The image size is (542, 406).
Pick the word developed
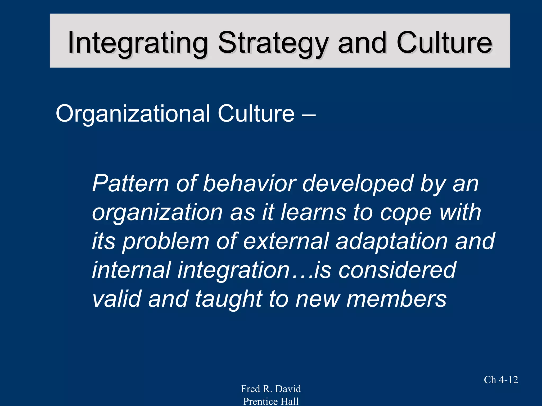pyautogui.click(x=358, y=184)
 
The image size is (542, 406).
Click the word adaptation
pyautogui.click(x=391, y=241)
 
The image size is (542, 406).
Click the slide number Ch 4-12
pyautogui.click(x=501, y=380)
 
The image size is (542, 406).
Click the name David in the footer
pyautogui.click(x=288, y=389)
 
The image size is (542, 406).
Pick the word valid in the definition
pyautogui.click(x=117, y=299)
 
